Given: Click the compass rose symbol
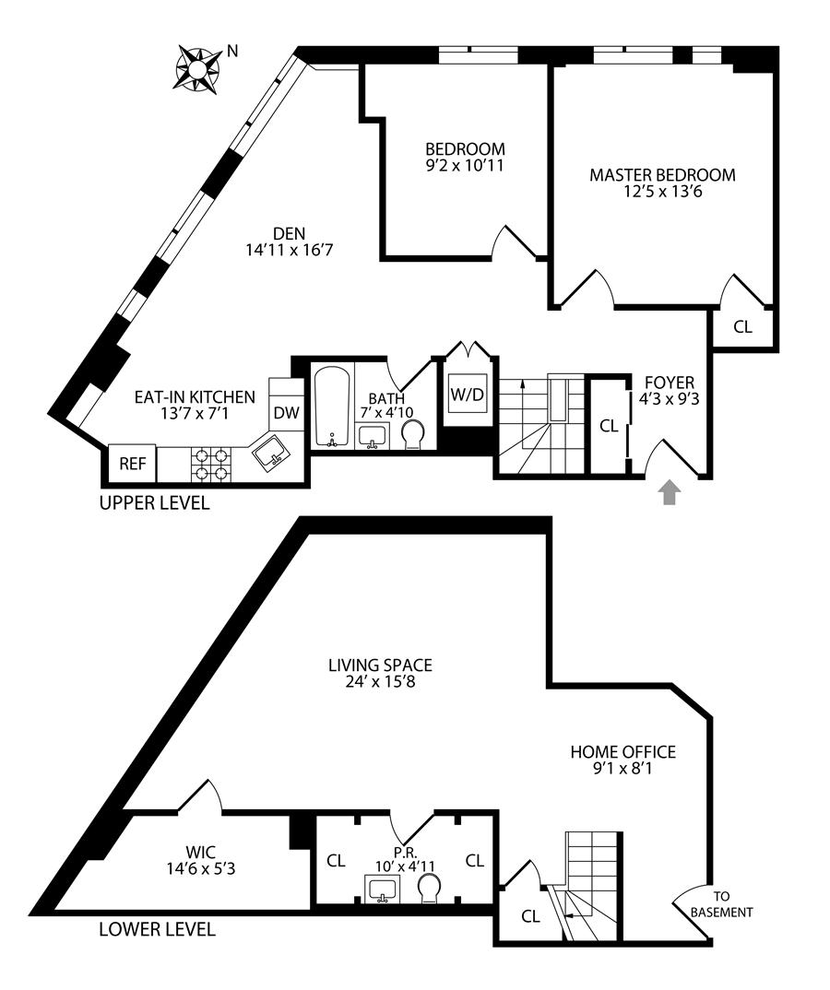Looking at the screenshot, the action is coord(196,69).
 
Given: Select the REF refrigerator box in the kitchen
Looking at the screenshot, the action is coord(132,464).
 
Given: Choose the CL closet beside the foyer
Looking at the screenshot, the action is coord(608,426).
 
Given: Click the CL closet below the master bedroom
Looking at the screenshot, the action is coord(742,326).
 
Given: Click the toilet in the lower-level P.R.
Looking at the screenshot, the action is coord(429,889).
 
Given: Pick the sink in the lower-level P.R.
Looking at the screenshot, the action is coord(383,890).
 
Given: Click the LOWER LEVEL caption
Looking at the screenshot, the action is coord(157,929).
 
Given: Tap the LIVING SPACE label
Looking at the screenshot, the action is coord(380,665).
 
